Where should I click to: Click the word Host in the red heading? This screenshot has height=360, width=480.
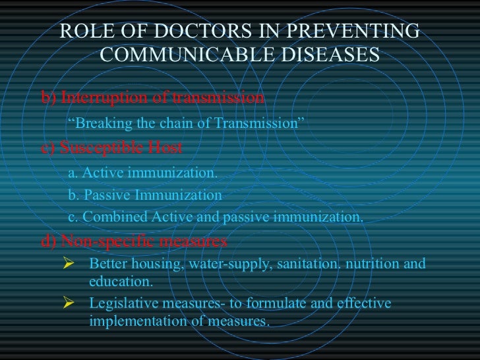(165, 147)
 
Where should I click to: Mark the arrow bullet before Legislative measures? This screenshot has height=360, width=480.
(65, 304)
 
